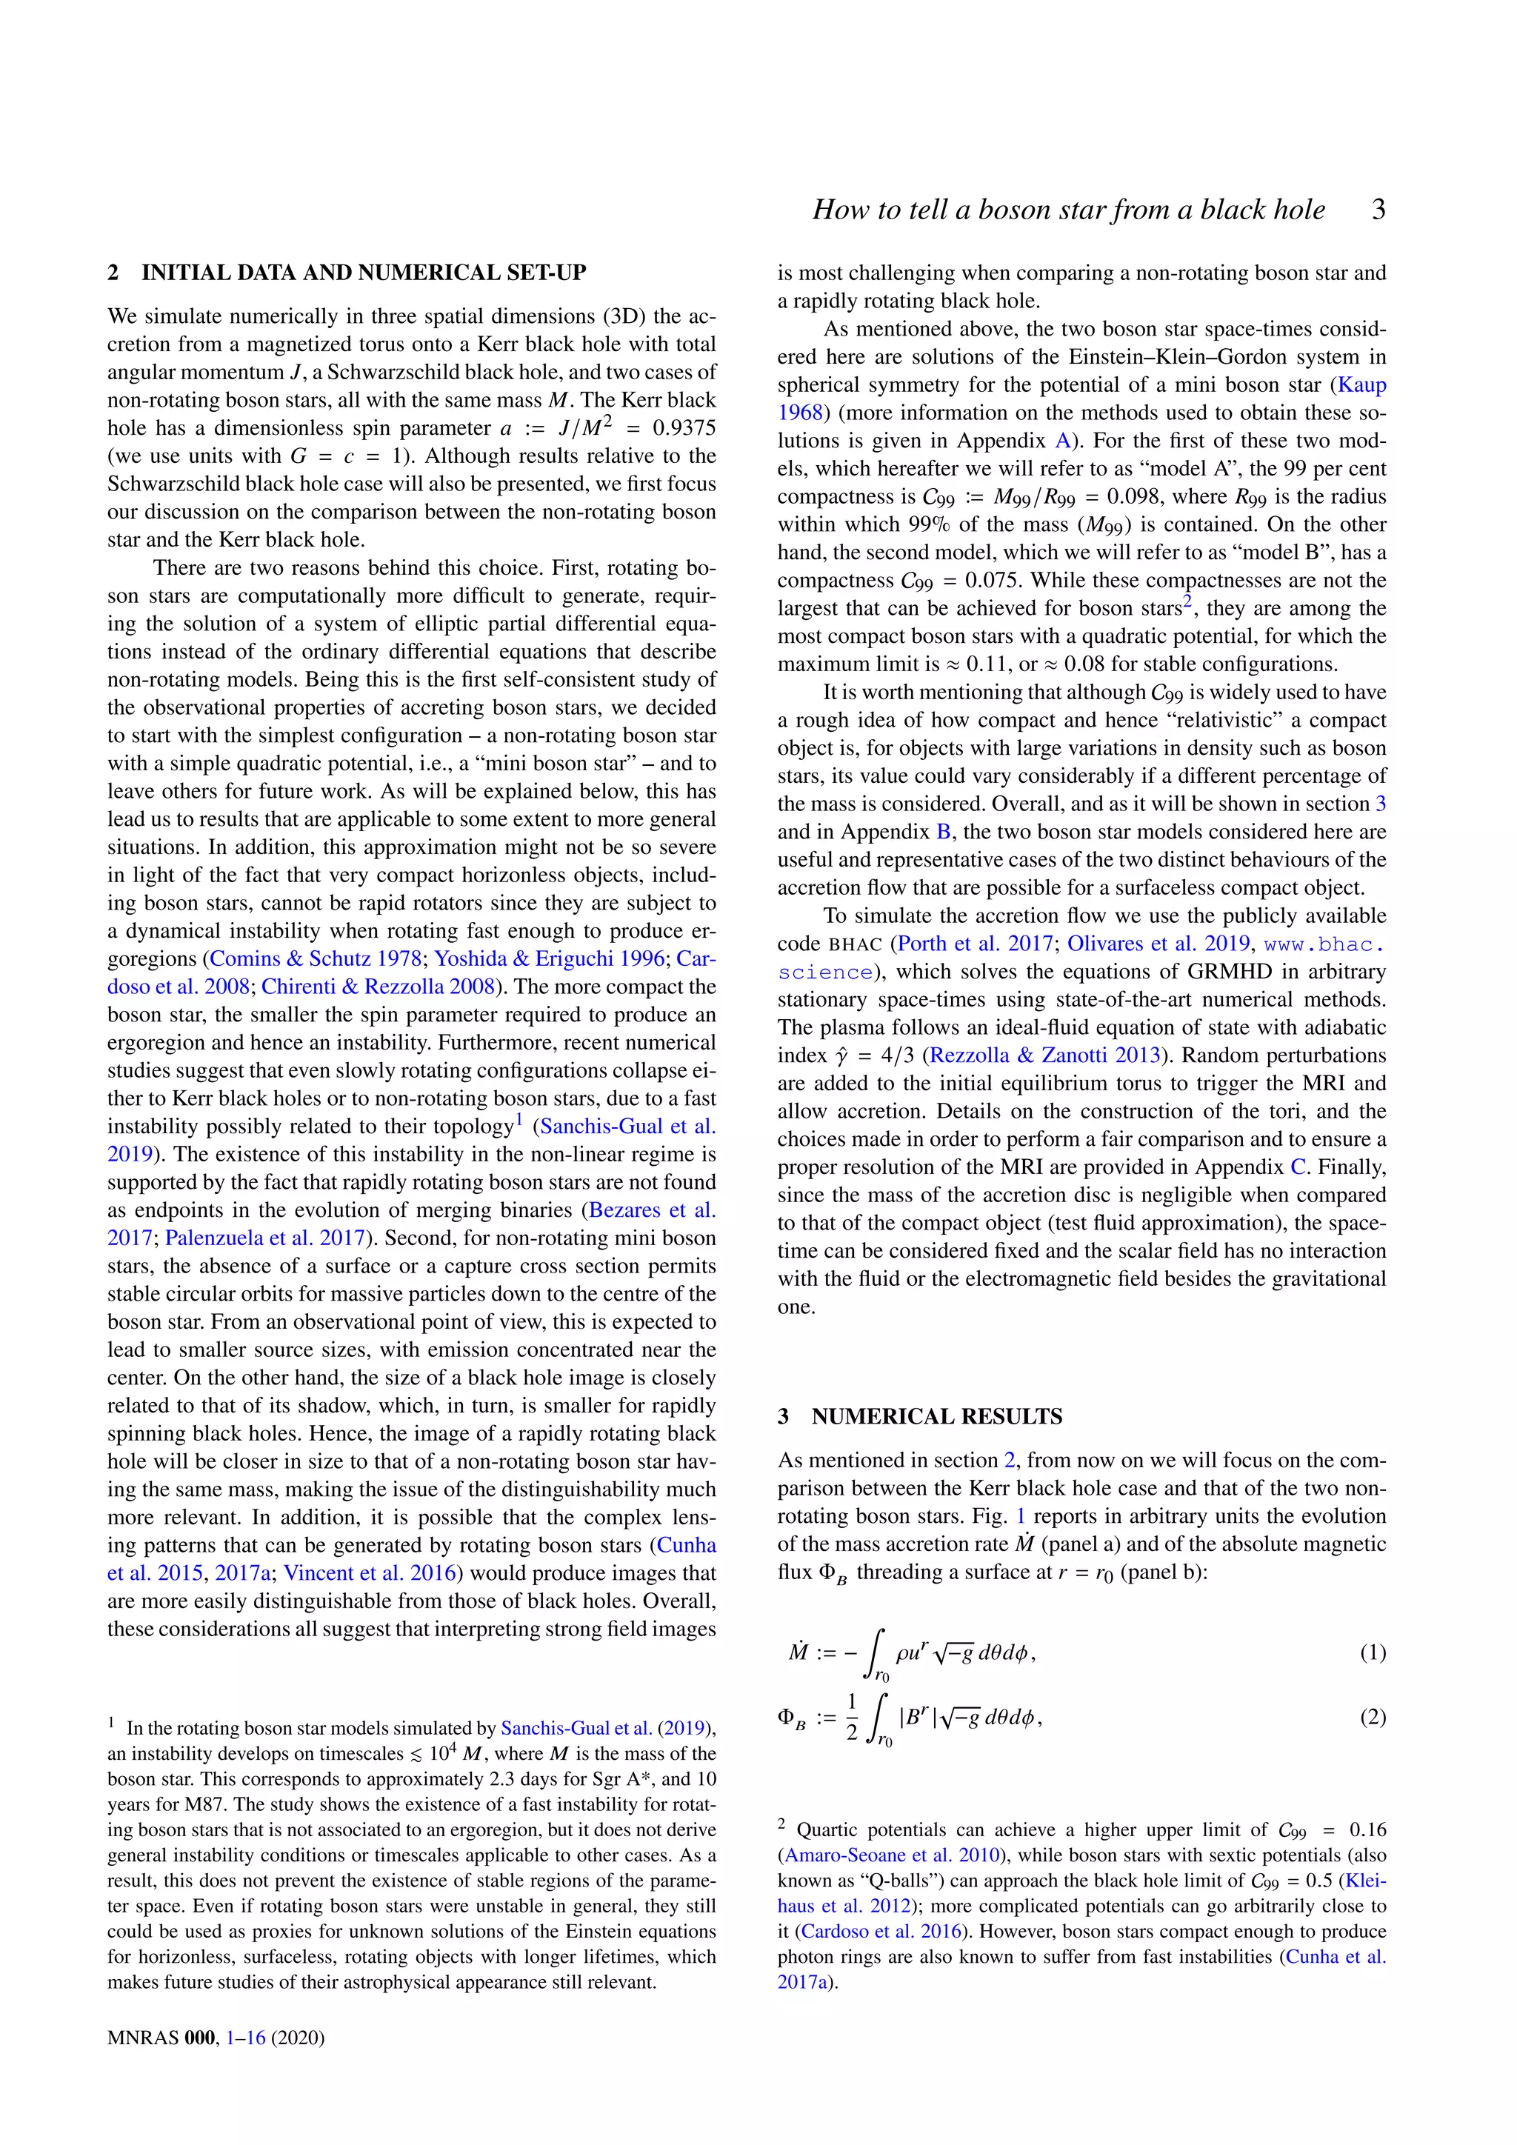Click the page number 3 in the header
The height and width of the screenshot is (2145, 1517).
point(1378,210)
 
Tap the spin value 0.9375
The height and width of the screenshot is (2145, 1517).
point(684,428)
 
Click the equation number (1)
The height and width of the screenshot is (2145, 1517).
point(1373,1652)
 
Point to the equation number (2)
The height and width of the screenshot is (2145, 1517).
point(1373,1717)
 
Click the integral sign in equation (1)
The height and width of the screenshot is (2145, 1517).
point(876,1652)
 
